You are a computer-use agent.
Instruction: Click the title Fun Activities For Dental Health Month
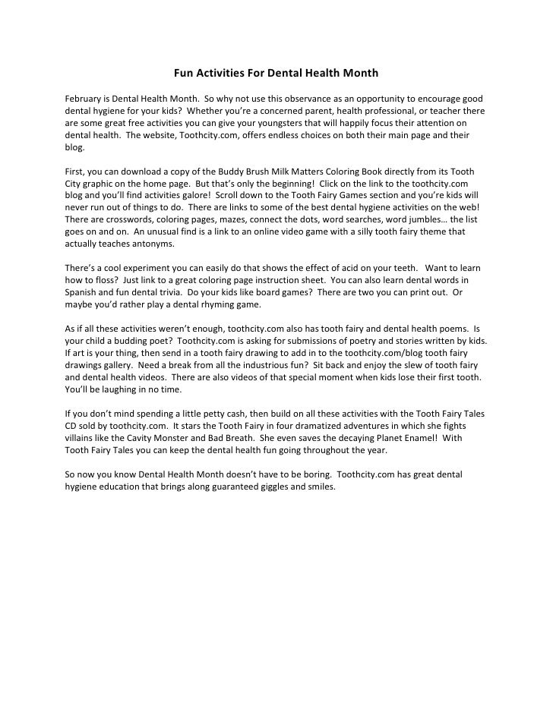click(x=276, y=74)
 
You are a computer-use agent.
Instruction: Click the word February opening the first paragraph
click(x=81, y=99)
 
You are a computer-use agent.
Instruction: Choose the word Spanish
click(x=79, y=294)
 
